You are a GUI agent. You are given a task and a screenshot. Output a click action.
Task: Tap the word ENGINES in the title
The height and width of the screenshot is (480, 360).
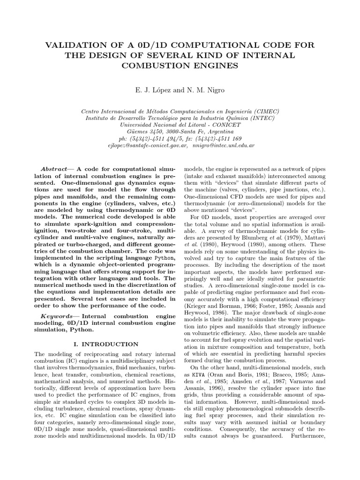coord(218,66)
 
